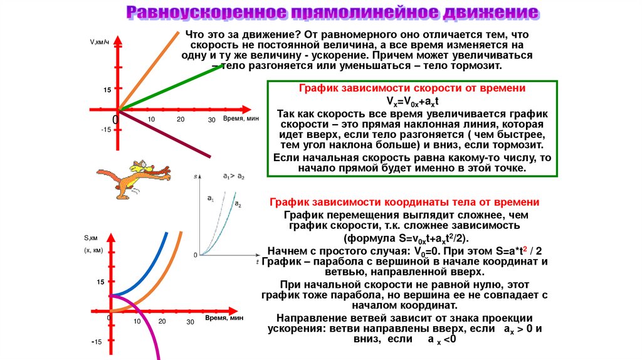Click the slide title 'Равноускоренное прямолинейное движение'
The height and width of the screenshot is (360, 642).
(332, 13)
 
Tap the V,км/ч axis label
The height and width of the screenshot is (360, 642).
(100, 42)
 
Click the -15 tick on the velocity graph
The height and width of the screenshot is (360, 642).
(105, 130)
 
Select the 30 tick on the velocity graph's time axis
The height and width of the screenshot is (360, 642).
(211, 120)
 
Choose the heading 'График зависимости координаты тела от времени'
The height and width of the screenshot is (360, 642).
(404, 203)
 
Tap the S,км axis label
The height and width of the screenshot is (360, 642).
(91, 238)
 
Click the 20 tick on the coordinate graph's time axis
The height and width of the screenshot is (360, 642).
(162, 322)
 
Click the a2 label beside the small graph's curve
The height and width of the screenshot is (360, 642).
(238, 204)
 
